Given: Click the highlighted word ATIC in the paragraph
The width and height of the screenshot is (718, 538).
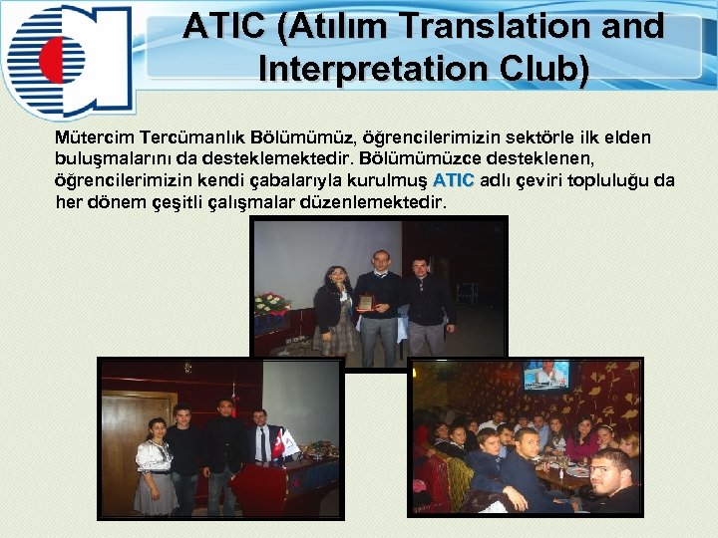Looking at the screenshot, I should [454, 180].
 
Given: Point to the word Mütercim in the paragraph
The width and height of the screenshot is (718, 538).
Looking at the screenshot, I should [97, 136].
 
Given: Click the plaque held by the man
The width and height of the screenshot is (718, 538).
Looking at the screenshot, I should [366, 302].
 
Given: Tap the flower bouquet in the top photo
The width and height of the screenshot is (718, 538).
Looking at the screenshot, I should [272, 302].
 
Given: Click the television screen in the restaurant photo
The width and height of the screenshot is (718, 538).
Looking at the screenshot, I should [546, 375].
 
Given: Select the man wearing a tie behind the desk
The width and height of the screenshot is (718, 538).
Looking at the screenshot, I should [259, 436].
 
